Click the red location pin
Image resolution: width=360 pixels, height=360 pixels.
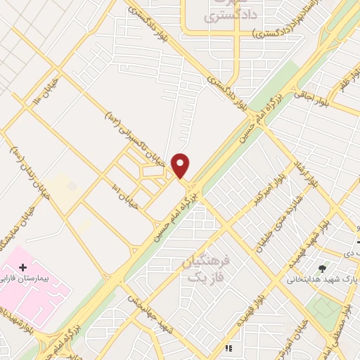click(181, 165)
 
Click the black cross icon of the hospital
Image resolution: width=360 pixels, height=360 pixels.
click(23, 268)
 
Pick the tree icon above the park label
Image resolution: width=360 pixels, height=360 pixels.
click(323, 268)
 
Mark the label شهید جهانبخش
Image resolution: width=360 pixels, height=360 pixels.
click(150, 309)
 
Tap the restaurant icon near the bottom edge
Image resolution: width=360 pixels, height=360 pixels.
click(228, 347)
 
